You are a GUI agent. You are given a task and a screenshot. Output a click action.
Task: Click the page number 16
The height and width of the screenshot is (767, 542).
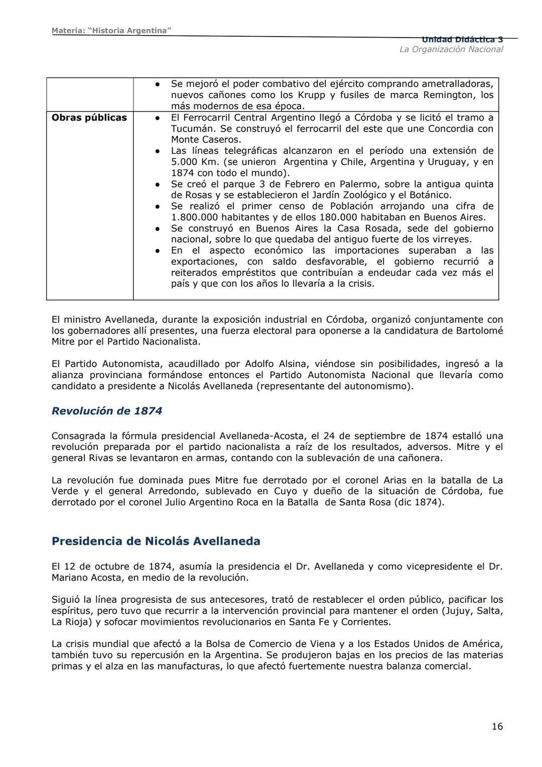point(497,726)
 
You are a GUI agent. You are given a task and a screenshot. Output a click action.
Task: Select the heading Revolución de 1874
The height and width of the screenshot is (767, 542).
point(107,411)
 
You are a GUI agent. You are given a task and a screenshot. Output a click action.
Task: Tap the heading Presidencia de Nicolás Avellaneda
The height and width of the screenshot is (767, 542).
point(156,541)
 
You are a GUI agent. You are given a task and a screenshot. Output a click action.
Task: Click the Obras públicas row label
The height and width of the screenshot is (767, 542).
point(89,118)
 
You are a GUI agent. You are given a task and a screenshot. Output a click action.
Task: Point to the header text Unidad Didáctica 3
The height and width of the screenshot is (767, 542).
point(462,39)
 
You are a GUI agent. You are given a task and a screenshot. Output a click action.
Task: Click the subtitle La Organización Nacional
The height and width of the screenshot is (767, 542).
point(451,49)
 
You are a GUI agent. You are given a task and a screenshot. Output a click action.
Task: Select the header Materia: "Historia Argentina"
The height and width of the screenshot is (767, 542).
point(111,31)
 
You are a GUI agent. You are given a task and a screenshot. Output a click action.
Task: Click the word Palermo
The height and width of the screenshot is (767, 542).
point(355,184)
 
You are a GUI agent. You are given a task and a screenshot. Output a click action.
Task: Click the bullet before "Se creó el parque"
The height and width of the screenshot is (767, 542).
point(157,184)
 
